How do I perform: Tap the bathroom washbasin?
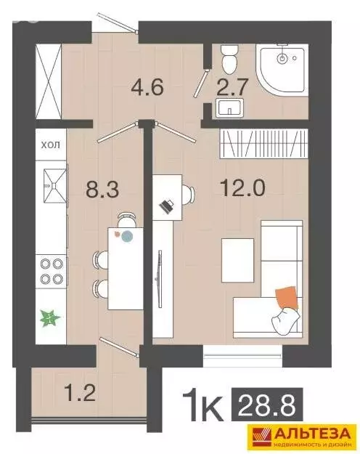pos(230,108)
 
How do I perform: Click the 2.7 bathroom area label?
pos(232,87)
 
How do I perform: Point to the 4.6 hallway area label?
pos(147,86)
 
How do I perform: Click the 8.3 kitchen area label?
pos(102,189)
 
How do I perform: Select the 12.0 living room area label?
pos(242,187)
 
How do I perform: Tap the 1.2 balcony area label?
pos(80,392)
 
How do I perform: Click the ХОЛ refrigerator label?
pos(51,145)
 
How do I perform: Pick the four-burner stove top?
pos(52,271)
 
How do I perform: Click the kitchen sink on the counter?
pos(54,182)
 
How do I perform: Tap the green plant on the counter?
pos(49,318)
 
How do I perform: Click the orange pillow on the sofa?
pos(287,298)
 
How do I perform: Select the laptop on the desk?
pos(166,206)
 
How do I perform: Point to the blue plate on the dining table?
pos(127,236)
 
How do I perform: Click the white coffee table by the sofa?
pos(237,260)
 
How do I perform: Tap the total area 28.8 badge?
pos(267,404)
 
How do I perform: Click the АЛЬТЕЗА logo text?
pos(313,434)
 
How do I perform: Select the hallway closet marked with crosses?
pos(49,81)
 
